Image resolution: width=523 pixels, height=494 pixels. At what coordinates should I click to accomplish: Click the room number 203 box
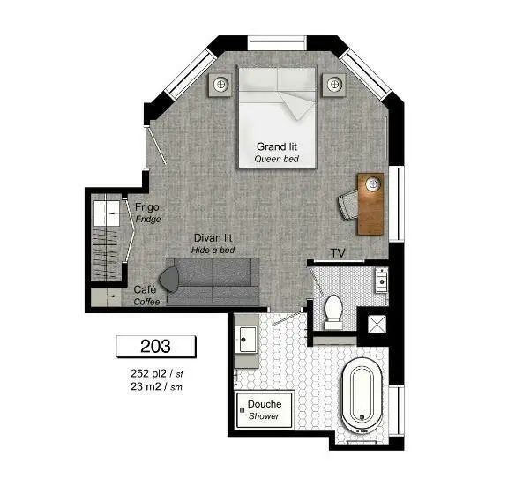[156, 346]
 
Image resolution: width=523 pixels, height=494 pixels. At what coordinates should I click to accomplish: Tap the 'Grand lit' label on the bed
[277, 146]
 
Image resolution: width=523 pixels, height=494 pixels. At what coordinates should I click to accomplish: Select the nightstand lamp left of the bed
[220, 84]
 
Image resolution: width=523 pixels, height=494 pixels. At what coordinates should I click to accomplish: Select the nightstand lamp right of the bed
[334, 84]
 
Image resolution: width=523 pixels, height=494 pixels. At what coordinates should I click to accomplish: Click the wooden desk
[370, 204]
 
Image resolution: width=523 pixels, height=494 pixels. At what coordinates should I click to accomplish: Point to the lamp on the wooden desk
[373, 183]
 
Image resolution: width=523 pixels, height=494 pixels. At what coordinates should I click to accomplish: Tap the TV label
[338, 253]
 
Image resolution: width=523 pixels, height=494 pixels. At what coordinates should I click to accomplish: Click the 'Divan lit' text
[213, 238]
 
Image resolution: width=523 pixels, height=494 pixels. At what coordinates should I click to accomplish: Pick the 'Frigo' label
[146, 207]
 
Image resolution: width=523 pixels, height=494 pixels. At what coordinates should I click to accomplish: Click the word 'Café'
[145, 289]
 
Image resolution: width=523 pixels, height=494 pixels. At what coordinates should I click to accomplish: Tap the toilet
[333, 311]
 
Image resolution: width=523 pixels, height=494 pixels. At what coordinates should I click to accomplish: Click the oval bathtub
[362, 395]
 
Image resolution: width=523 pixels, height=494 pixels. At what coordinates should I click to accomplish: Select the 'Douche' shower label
[265, 404]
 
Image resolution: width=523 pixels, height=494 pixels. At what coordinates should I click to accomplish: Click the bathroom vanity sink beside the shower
[247, 340]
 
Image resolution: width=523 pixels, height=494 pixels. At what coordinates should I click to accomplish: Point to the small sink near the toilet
[382, 281]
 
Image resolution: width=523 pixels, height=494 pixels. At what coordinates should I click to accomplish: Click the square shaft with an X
[377, 325]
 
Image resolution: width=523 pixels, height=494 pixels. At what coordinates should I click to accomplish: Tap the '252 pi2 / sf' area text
[157, 373]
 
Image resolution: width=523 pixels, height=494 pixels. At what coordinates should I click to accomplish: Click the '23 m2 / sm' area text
[156, 386]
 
